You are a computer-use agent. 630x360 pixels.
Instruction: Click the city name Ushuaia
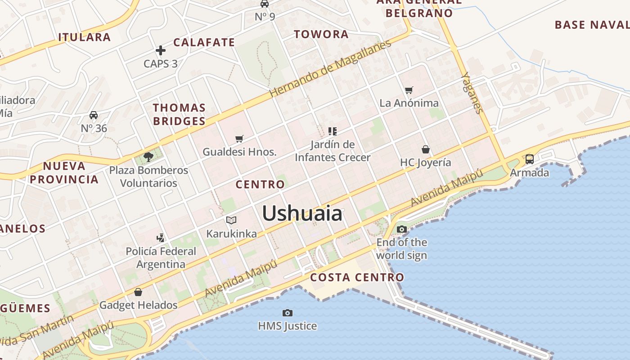click(302, 213)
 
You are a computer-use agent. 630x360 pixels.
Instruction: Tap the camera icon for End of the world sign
click(402, 229)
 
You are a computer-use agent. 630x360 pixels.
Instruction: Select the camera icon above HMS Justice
click(287, 313)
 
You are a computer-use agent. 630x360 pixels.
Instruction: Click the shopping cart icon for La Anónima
click(409, 90)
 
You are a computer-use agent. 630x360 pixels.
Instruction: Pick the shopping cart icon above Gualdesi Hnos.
click(239, 139)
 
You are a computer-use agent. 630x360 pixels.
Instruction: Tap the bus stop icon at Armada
click(530, 159)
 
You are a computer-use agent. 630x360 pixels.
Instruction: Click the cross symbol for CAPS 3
click(161, 50)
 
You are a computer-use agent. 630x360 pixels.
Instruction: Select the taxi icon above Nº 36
click(94, 115)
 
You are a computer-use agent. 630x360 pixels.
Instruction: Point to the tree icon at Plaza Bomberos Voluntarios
click(148, 157)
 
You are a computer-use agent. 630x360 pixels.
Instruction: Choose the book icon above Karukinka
click(231, 220)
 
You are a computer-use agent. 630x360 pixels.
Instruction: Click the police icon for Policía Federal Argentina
click(160, 238)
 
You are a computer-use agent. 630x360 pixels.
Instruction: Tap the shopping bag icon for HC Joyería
click(425, 149)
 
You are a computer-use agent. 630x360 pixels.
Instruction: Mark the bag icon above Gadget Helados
click(138, 292)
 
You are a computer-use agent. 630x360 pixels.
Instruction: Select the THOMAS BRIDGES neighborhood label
click(179, 114)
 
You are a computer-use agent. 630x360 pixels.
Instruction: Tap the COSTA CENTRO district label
click(357, 277)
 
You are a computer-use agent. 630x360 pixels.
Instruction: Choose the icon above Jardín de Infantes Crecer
click(332, 131)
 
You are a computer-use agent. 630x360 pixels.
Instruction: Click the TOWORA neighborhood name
click(321, 34)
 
